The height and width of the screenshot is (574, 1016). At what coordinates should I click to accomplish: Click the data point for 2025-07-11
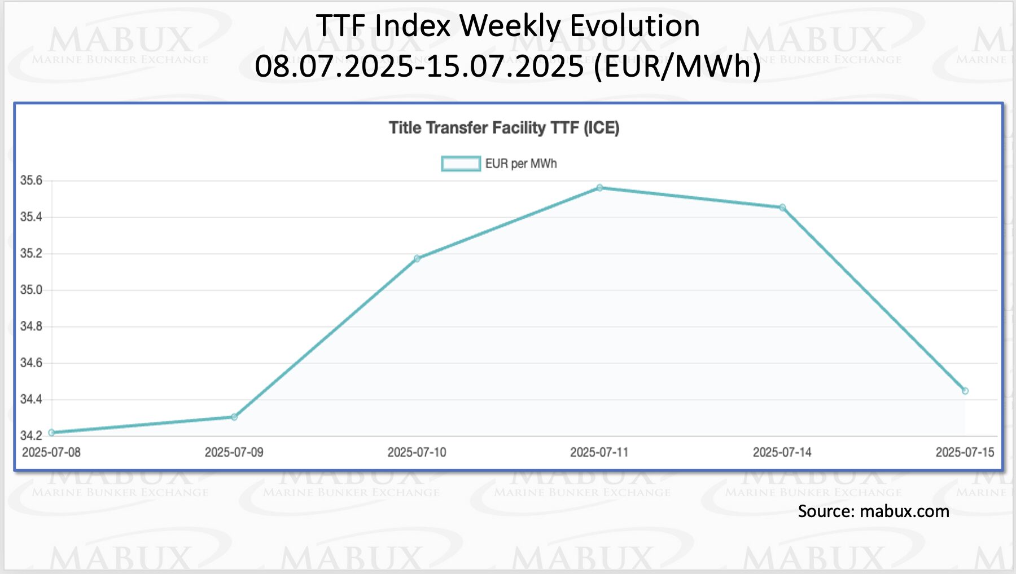click(x=599, y=188)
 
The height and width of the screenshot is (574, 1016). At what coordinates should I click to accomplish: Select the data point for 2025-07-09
click(x=234, y=417)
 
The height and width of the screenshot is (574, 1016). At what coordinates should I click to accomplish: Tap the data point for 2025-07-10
click(x=417, y=259)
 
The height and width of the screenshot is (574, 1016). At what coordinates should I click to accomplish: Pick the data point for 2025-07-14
click(x=782, y=207)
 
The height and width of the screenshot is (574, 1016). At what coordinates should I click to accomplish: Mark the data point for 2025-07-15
click(x=965, y=391)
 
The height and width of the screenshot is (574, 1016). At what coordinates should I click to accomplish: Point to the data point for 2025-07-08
click(x=52, y=432)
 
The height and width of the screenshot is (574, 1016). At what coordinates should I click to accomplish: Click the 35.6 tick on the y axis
click(x=32, y=180)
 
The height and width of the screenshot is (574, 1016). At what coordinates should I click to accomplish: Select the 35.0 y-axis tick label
click(x=32, y=290)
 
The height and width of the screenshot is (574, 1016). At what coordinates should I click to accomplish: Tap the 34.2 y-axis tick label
click(x=32, y=435)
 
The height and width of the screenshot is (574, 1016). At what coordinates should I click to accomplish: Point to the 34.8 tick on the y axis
click(x=32, y=326)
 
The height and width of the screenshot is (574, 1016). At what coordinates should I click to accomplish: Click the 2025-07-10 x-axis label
click(x=417, y=452)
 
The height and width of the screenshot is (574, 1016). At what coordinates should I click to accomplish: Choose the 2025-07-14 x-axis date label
click(x=782, y=452)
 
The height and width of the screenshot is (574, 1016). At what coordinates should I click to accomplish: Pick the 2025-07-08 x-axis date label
click(x=51, y=452)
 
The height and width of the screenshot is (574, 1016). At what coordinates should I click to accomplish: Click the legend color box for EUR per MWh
click(x=461, y=164)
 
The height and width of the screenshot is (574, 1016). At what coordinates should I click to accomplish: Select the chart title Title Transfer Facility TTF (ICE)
click(x=504, y=128)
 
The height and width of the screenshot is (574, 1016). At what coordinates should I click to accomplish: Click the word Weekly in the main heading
click(x=510, y=26)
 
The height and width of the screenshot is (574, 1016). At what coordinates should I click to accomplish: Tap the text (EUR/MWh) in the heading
click(x=677, y=66)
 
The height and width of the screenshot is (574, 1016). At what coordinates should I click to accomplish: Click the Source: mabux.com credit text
click(x=873, y=511)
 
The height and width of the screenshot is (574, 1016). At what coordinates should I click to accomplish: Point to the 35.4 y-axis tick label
click(x=32, y=217)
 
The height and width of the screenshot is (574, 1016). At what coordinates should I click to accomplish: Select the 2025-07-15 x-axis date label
click(x=965, y=452)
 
